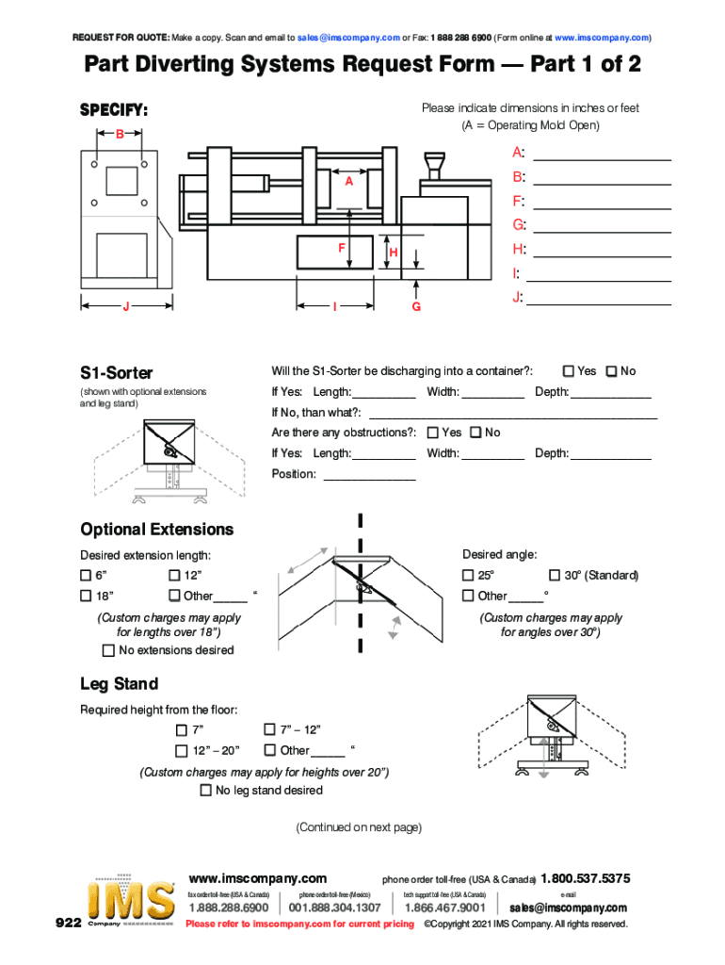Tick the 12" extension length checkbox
click(x=174, y=576)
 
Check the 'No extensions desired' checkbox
click(x=108, y=650)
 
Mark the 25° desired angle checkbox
click(x=468, y=576)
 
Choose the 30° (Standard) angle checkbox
click(x=555, y=576)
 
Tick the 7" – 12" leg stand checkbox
click(x=270, y=729)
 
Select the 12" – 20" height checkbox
click(x=182, y=750)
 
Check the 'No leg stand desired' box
click(x=205, y=791)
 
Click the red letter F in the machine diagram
click(x=342, y=248)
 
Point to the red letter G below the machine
click(x=416, y=307)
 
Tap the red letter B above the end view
click(x=120, y=135)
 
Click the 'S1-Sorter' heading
click(x=117, y=373)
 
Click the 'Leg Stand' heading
click(x=119, y=683)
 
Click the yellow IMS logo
click(x=131, y=903)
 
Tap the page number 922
click(x=68, y=924)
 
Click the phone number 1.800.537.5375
click(x=585, y=878)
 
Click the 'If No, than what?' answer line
click(x=512, y=414)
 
